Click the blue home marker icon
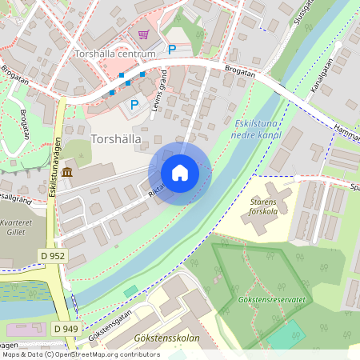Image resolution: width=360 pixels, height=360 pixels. coord(180,173)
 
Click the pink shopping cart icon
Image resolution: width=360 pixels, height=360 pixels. coord(144,34)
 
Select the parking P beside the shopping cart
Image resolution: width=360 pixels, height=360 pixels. coord(171,49)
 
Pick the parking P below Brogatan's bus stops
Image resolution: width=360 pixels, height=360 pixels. coord(134,104)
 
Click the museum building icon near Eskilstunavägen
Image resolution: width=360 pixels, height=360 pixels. coord(66,173)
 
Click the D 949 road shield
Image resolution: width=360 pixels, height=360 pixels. coord(67,329)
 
